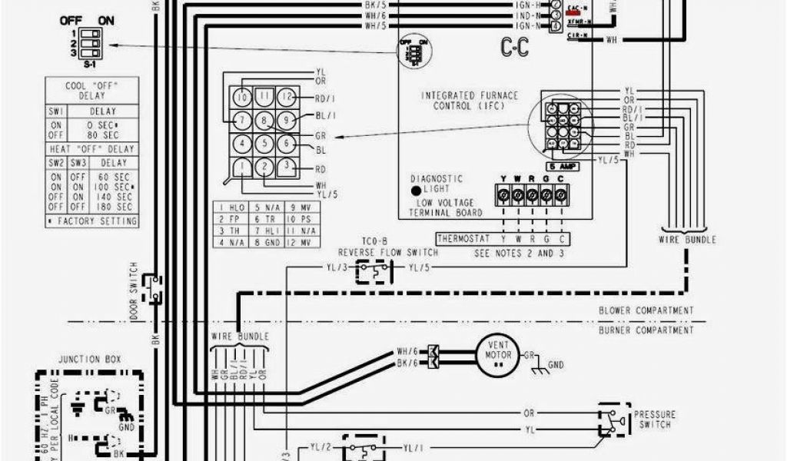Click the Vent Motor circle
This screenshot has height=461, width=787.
(x=497, y=357)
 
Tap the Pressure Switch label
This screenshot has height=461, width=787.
(x=654, y=419)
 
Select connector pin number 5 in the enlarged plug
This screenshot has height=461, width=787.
(x=264, y=143)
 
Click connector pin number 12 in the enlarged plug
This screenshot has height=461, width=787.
(x=287, y=98)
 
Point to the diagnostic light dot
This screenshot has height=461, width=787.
(x=416, y=190)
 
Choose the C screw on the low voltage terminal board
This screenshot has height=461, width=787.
(x=561, y=196)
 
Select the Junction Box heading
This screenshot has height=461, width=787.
(x=90, y=359)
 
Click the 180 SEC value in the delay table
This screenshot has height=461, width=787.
(x=118, y=206)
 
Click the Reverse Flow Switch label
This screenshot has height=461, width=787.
(x=388, y=252)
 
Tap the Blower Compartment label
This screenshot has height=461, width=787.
(x=646, y=310)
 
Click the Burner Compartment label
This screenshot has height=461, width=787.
(x=646, y=330)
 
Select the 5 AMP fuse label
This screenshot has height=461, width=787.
(x=563, y=166)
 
